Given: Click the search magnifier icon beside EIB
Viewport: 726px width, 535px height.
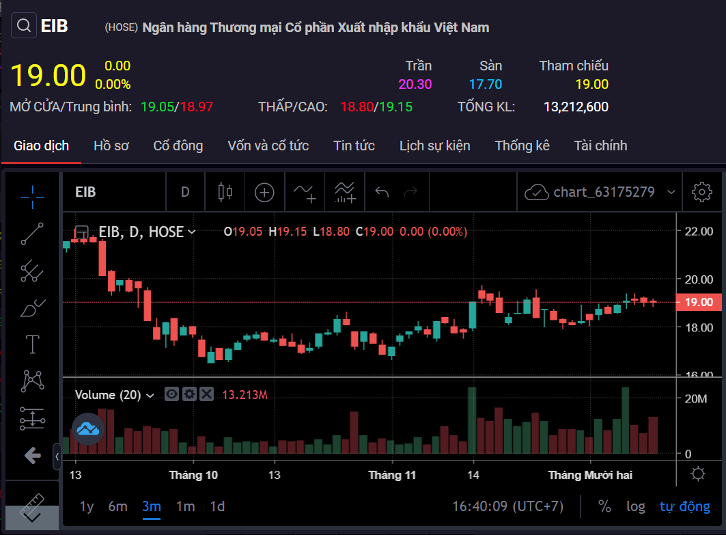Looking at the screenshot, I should pyautogui.click(x=23, y=26).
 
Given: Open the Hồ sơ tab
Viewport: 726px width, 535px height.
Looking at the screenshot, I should pyautogui.click(x=111, y=146).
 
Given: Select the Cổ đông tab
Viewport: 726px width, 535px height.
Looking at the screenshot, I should pyautogui.click(x=178, y=146).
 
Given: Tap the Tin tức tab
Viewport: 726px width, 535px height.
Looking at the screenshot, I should pyautogui.click(x=354, y=146).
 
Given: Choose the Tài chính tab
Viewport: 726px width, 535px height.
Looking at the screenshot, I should pyautogui.click(x=600, y=146).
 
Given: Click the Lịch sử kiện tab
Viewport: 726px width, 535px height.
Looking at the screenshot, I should pyautogui.click(x=434, y=146).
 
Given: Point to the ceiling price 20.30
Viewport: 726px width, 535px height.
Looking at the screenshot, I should pyautogui.click(x=415, y=85).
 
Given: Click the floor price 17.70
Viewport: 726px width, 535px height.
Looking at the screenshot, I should pyautogui.click(x=485, y=85).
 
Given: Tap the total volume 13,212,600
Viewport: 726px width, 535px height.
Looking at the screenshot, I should pyautogui.click(x=576, y=107).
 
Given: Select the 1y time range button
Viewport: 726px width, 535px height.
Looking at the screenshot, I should pyautogui.click(x=87, y=506).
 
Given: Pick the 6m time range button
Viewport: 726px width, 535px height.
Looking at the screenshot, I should pyautogui.click(x=117, y=506).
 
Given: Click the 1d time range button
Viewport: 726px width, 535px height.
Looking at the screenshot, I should pyautogui.click(x=217, y=506).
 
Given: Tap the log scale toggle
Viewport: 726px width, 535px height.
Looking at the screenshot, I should pyautogui.click(x=635, y=506).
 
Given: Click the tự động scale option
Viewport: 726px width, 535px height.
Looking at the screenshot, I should pyautogui.click(x=684, y=506).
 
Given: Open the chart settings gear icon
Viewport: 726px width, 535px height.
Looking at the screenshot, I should pyautogui.click(x=701, y=192).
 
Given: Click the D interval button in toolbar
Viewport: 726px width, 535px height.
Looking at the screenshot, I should pyautogui.click(x=185, y=192).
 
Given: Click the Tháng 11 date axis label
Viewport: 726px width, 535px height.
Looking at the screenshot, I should pyautogui.click(x=392, y=475).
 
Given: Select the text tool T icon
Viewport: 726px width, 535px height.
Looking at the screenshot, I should pyautogui.click(x=32, y=344).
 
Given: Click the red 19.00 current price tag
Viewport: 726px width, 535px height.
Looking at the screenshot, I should pyautogui.click(x=698, y=302).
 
